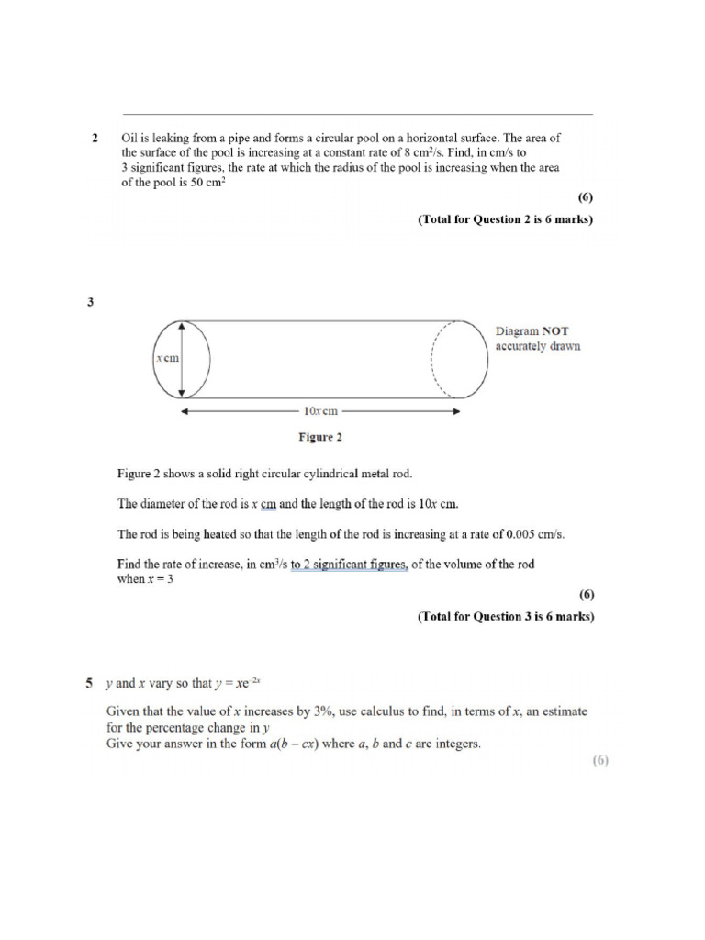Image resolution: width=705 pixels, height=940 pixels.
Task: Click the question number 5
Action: click(90, 683)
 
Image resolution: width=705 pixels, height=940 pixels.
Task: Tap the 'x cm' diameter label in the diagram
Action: click(167, 360)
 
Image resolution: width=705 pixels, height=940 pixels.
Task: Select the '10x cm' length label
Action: click(320, 411)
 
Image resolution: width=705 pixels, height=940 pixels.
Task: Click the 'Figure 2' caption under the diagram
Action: click(320, 437)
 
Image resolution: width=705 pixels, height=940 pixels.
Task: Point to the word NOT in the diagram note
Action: click(558, 330)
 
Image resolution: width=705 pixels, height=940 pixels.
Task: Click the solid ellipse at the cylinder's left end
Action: click(184, 360)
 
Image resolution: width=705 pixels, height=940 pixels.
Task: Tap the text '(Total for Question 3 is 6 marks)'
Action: click(506, 617)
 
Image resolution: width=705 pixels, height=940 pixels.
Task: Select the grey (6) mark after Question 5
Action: click(600, 760)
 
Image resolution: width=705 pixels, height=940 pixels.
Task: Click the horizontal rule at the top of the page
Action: click(358, 115)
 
